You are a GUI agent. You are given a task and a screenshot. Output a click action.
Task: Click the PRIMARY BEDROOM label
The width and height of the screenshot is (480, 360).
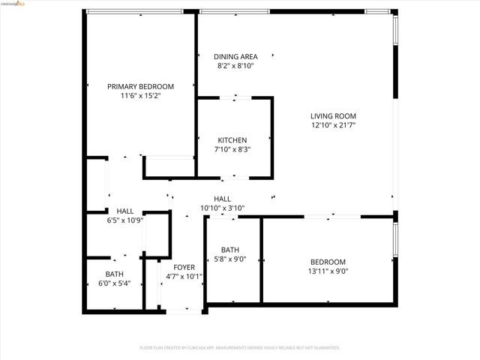point(140,86)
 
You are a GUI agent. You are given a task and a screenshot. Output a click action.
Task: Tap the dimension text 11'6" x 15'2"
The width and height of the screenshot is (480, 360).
point(140,96)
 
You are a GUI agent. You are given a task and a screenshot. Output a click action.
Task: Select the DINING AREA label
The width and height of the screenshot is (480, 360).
point(235,56)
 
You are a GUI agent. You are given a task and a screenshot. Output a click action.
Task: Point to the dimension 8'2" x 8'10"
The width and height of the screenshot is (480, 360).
point(235,66)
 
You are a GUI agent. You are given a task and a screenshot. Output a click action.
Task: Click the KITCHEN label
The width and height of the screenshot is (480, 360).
point(232,140)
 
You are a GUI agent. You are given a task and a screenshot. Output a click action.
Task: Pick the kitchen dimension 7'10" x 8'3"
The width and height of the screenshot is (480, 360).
point(232,149)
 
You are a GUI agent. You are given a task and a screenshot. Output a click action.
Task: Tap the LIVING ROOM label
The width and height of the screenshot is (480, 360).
point(334,115)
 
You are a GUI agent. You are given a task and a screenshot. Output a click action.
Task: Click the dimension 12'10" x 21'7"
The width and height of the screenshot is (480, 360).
point(334,125)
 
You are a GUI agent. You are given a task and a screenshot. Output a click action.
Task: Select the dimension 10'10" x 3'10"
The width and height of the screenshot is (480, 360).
point(222,208)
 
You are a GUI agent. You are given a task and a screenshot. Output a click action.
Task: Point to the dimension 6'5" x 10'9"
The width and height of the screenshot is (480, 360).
point(124,220)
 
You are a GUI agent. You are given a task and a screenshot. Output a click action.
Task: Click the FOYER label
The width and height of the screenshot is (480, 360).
point(184,267)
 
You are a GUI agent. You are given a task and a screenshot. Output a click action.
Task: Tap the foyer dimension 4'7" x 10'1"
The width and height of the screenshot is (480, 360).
point(184,276)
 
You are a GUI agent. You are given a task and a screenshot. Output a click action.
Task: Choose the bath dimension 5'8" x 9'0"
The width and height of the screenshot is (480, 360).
point(230,259)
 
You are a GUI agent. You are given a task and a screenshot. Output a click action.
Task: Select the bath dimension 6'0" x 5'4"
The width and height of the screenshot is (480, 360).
point(114,283)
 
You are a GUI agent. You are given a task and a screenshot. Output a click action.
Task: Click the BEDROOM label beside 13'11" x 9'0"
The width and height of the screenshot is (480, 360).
point(328,262)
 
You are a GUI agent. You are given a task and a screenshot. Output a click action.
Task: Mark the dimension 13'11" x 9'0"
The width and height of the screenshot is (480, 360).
point(328,271)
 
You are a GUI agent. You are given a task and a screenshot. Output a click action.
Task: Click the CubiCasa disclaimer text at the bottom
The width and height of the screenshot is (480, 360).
point(240,347)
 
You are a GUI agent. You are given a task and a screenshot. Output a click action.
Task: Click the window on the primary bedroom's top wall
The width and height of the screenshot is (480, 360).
point(135,11)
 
